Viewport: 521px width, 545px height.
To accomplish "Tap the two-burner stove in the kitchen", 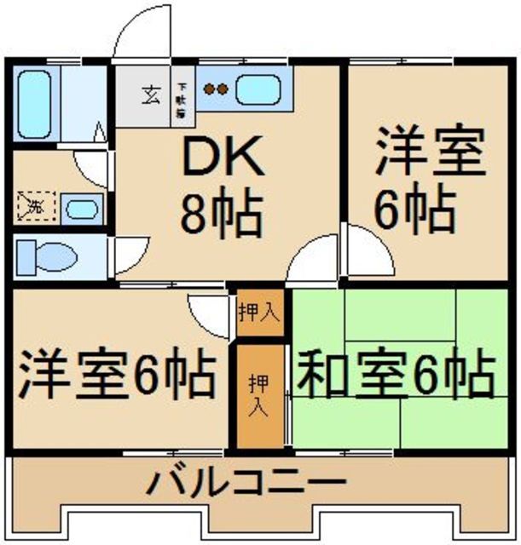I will point(214,88).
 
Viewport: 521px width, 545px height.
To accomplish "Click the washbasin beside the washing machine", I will point(80,208).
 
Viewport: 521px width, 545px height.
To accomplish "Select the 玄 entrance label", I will point(148,93).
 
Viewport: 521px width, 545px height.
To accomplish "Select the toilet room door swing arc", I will point(128,255).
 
